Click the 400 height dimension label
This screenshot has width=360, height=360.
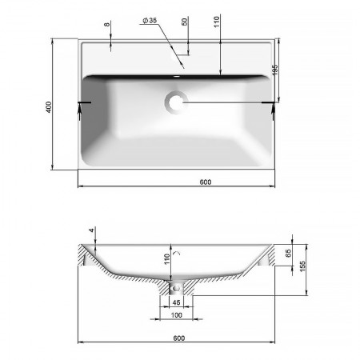coord(49,107)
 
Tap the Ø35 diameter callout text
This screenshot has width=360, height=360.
coord(150,20)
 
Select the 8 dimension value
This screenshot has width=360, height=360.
coord(107,25)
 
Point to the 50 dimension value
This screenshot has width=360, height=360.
coord(185,22)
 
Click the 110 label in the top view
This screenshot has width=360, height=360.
coord(217,22)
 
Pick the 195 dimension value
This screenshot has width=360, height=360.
coord(275,70)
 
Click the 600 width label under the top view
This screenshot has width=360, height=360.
coord(206,182)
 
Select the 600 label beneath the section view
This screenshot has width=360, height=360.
coord(179,338)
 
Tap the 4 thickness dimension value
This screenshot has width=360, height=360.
coord(92,230)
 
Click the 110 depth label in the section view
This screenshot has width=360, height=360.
coord(167,259)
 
